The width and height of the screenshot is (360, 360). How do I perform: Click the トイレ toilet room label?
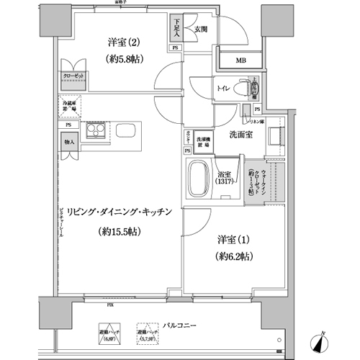pyautogui.click(x=223, y=89)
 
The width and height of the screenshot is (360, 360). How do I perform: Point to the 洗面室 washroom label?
pyautogui.click(x=239, y=135)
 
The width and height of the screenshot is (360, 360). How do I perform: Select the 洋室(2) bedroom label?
pyautogui.click(x=120, y=42)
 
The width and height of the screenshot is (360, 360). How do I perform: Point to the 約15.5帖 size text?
pyautogui.click(x=120, y=232)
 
